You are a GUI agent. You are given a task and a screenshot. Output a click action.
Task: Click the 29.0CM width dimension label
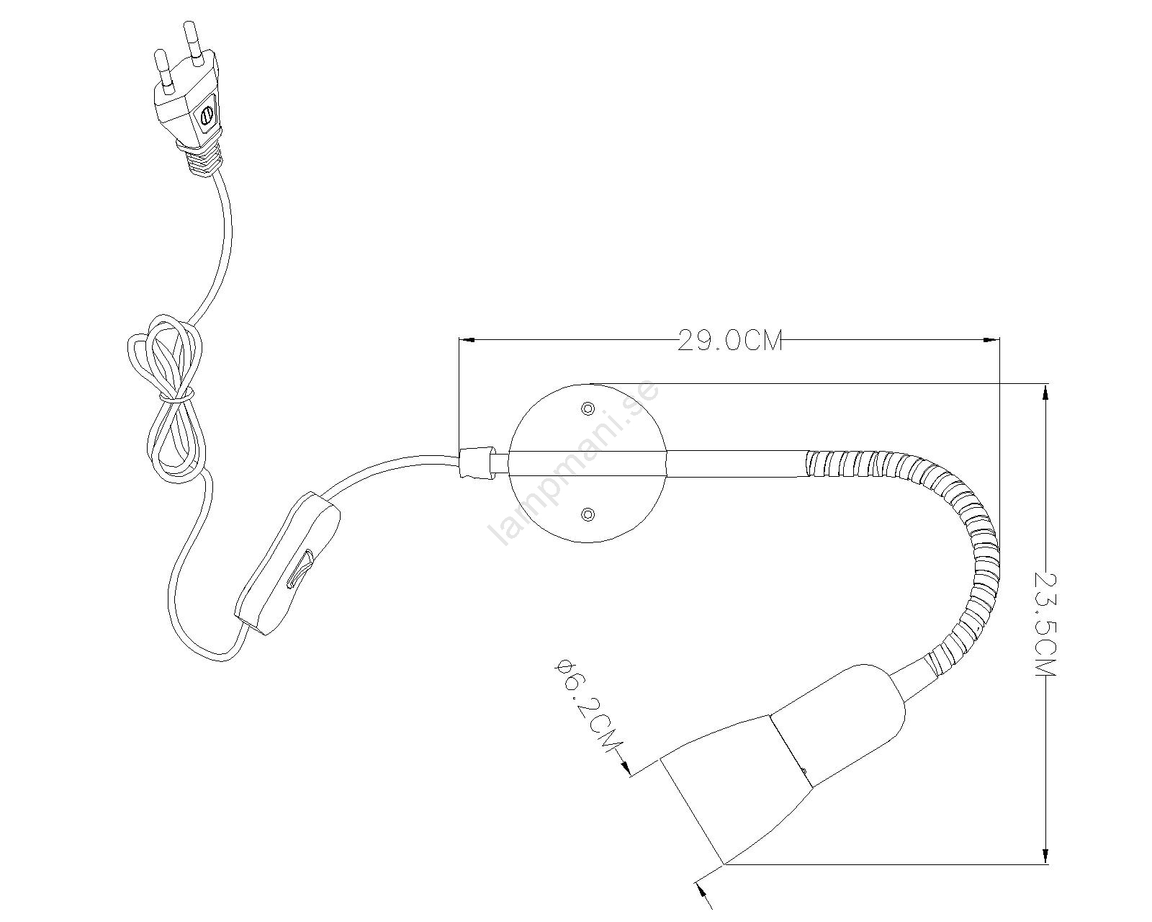(729, 341)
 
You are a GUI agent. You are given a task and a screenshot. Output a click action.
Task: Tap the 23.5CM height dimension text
(1045, 624)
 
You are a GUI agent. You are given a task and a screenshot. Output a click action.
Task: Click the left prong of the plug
(163, 70)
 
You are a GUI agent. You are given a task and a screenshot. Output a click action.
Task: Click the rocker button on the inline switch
(300, 570)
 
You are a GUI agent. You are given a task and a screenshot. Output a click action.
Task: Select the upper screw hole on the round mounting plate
(588, 408)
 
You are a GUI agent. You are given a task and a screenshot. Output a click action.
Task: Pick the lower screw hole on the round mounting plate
(588, 514)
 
